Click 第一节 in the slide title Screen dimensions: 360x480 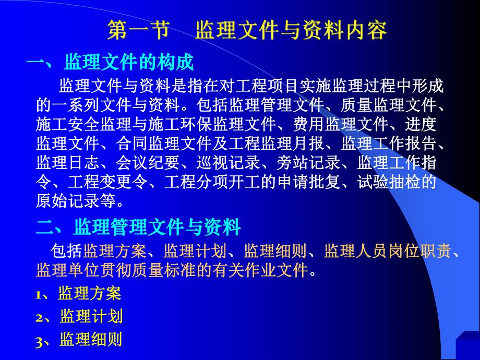click(x=139, y=31)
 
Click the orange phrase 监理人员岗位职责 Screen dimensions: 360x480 click(x=387, y=253)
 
